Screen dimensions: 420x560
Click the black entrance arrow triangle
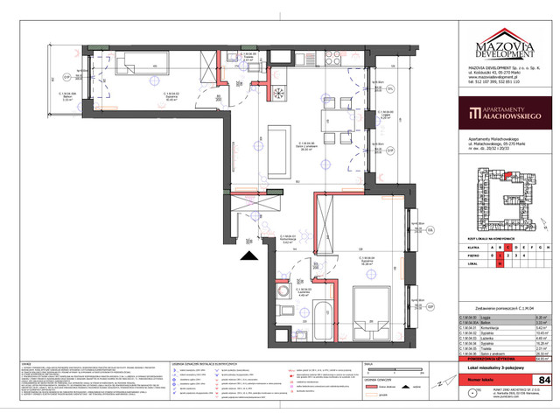coord(250,255)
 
